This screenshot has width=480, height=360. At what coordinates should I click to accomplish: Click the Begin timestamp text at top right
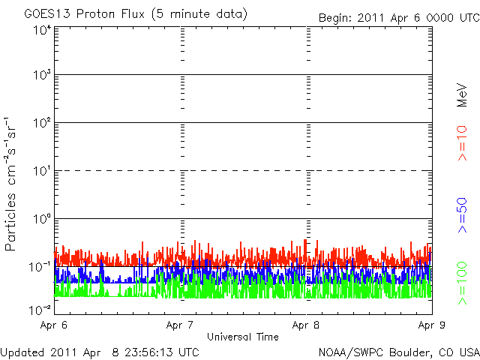click(x=397, y=17)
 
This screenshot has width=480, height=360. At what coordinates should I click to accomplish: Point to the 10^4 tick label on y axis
click(x=40, y=29)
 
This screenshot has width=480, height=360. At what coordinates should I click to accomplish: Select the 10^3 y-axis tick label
click(x=40, y=75)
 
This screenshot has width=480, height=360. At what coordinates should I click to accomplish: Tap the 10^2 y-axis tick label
click(x=40, y=122)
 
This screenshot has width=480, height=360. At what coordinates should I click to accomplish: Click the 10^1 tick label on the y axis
click(x=40, y=170)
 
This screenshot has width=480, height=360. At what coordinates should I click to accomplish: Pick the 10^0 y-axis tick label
click(x=40, y=218)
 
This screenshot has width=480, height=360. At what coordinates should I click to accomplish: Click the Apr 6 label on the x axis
click(x=55, y=325)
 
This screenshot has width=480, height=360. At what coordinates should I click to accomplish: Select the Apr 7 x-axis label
click(x=181, y=325)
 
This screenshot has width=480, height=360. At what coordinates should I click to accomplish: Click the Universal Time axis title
click(x=243, y=337)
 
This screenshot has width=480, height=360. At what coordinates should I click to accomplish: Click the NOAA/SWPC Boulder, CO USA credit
click(x=398, y=352)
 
